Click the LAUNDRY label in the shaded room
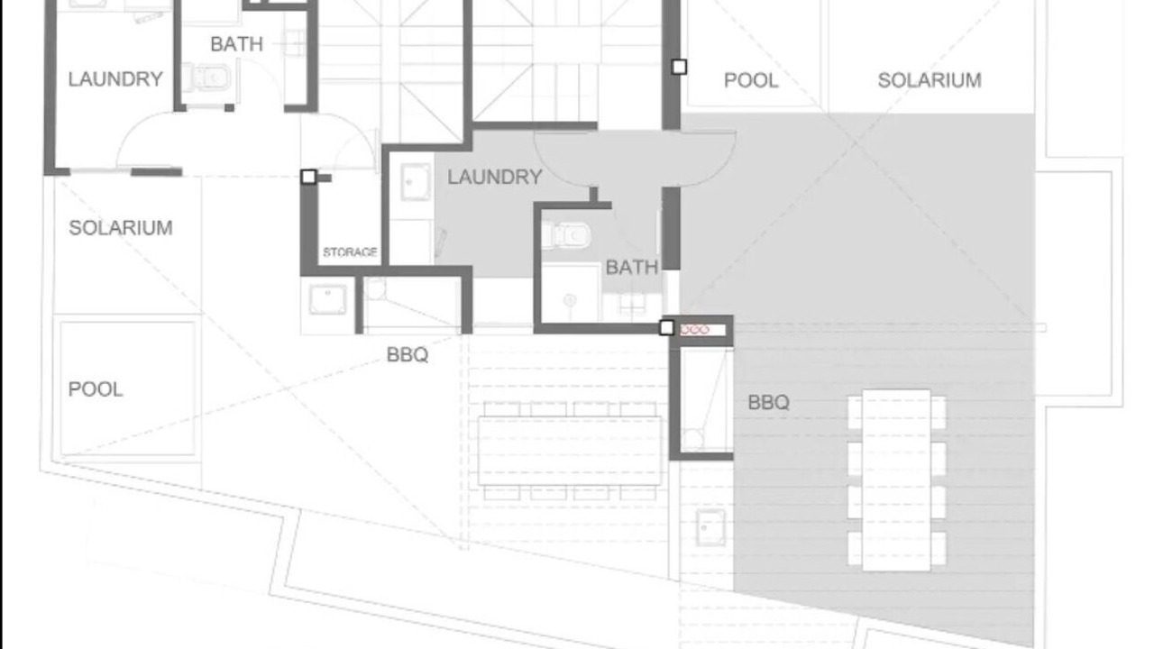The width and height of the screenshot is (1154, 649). tap(495, 178)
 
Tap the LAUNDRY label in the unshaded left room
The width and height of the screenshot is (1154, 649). tap(115, 79)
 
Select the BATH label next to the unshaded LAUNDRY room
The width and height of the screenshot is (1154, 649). tap(237, 44)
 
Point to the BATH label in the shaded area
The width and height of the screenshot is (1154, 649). tap(632, 268)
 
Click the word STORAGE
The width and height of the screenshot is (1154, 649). tap(351, 252)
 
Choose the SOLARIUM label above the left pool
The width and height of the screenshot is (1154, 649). tap(121, 228)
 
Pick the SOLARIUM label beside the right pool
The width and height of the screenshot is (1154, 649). tap(930, 80)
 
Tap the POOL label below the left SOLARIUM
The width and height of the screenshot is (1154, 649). tap(96, 389)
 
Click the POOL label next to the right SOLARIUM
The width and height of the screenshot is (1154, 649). tap(751, 80)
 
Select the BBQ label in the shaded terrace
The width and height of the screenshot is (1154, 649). tap(769, 403)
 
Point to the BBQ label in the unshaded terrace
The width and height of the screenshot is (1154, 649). tap(408, 355)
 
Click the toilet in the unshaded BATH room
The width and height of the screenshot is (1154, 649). tap(206, 78)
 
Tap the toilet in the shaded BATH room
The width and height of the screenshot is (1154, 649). tap(566, 236)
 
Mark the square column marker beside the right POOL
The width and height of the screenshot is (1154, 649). tap(679, 67)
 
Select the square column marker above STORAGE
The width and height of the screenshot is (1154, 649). tap(308, 177)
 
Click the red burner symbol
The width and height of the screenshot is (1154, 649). tap(694, 330)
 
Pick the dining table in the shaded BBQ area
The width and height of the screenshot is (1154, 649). tap(896, 480)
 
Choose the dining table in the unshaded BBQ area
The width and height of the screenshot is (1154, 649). tap(570, 451)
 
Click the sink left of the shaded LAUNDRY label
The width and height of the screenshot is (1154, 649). tap(416, 182)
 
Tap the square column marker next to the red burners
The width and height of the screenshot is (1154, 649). tap(666, 327)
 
